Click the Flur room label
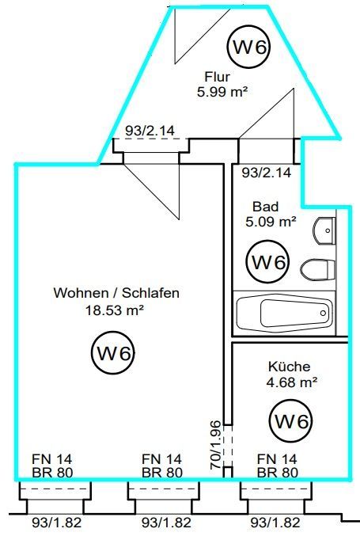(x=217, y=77)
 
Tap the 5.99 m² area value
(x=222, y=92)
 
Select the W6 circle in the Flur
(x=248, y=48)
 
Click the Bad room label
(x=265, y=207)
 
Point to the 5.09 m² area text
(x=271, y=222)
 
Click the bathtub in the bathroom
(x=284, y=313)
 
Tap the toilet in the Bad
(x=317, y=270)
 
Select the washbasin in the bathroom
(x=324, y=230)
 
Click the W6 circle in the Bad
(x=267, y=262)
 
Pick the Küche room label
(x=289, y=367)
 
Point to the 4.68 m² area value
(x=292, y=382)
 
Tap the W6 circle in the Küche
(x=291, y=421)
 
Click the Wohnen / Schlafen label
(x=116, y=293)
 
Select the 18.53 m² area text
(x=115, y=310)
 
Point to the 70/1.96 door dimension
(x=215, y=445)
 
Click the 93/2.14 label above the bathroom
(x=267, y=172)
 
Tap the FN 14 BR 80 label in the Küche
(x=278, y=466)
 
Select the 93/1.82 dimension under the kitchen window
(x=275, y=523)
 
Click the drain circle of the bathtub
(x=323, y=313)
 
